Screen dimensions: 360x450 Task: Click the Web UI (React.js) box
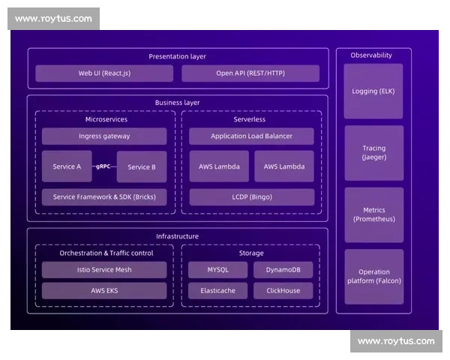(104, 73)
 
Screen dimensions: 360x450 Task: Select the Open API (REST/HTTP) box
(250, 73)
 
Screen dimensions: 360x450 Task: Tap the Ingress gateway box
(104, 136)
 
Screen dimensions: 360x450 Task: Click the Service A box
(67, 166)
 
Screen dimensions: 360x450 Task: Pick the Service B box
(142, 166)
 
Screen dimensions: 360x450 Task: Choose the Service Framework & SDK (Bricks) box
(104, 197)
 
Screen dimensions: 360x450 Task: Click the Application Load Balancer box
(251, 136)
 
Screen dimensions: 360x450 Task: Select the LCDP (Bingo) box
(251, 197)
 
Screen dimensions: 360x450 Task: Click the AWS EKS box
(104, 290)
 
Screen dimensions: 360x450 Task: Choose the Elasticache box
(218, 290)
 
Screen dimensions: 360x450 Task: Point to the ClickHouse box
(283, 290)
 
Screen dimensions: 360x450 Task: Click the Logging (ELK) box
(373, 91)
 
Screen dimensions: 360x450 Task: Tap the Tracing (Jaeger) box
(373, 153)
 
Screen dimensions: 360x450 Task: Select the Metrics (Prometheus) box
(373, 214)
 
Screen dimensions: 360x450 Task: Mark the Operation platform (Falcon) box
(373, 276)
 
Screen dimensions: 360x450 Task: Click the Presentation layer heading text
(177, 56)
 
